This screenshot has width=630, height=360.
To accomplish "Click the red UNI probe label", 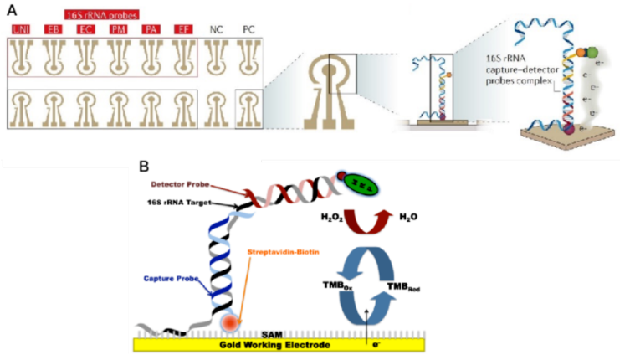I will pos(19,30).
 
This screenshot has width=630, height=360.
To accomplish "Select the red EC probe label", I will pos(84,30).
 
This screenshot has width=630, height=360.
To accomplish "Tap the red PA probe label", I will pos(149,30).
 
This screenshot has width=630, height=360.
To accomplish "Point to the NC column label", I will pos(215,30).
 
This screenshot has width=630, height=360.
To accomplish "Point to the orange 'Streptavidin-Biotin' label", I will pos(283,251).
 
